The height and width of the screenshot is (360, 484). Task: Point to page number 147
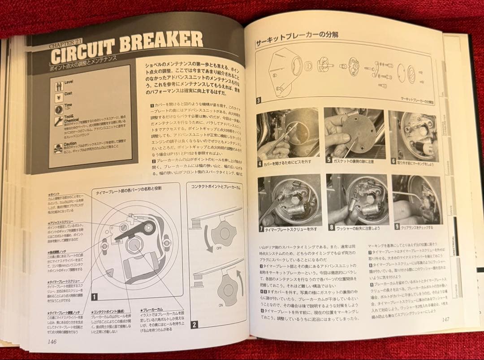(445, 319)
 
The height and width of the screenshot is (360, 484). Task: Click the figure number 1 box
(95, 296)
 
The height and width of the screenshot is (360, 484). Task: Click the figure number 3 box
(259, 100)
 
